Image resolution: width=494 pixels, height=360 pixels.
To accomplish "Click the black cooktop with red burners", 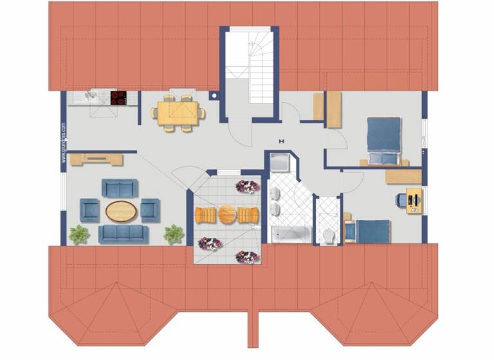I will (x=118, y=98).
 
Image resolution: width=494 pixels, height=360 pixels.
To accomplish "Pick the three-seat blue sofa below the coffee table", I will (x=123, y=233).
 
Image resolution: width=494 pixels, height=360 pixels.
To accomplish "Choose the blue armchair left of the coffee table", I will (x=89, y=209).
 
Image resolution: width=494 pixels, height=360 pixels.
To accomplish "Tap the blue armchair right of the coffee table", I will (x=150, y=210).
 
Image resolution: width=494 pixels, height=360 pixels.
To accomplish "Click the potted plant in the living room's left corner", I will (x=79, y=234).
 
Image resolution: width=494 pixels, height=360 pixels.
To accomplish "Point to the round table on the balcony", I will (x=227, y=214).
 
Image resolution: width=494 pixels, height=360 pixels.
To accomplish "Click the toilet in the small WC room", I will (x=328, y=236).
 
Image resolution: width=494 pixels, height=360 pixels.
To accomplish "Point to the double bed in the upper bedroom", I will (x=383, y=140).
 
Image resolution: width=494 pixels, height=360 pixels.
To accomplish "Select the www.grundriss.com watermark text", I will (x=64, y=142).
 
